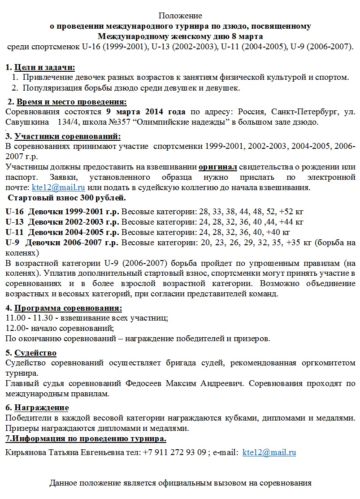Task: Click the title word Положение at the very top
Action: click(180, 16)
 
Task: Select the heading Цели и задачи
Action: click(44, 67)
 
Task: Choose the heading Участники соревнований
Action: click(68, 137)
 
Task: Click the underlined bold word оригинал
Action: click(217, 167)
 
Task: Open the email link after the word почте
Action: click(58, 187)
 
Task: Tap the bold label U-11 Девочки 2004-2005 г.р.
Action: click(63, 232)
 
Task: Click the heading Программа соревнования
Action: click(68, 308)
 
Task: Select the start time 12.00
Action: click(15, 328)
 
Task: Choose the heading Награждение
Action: click(41, 408)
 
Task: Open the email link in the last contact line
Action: click(269, 452)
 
